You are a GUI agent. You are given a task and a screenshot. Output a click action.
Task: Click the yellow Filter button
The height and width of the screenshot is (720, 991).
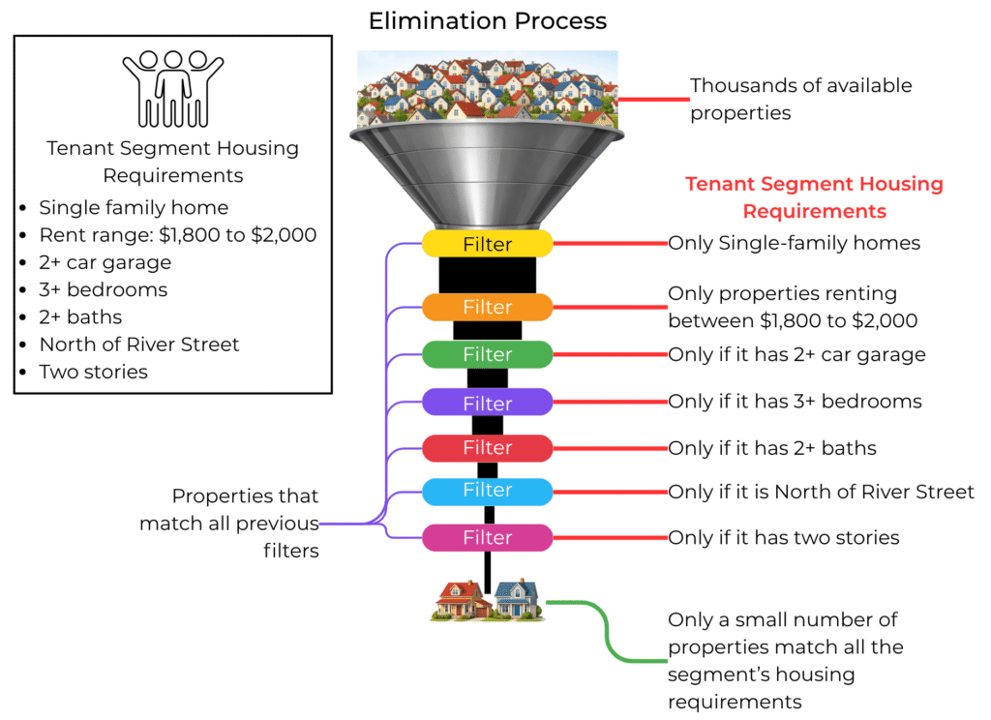[x=487, y=244]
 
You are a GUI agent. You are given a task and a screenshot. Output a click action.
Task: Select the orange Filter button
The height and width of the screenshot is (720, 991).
[x=487, y=307]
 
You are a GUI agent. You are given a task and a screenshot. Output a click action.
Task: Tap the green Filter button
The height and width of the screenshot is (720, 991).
[x=487, y=354]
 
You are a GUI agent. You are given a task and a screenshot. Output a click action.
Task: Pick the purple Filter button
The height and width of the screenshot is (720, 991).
[x=487, y=402]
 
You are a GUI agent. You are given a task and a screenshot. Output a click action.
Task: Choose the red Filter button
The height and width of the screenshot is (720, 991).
[x=487, y=448]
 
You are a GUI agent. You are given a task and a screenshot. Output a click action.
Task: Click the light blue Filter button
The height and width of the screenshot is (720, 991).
[x=487, y=491]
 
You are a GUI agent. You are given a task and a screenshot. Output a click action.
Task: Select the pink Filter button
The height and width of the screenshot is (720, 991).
[x=487, y=537]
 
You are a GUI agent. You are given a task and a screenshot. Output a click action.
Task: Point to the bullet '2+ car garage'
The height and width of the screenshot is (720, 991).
[x=105, y=261]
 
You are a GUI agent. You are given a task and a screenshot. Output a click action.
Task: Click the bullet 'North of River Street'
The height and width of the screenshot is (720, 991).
[x=138, y=344]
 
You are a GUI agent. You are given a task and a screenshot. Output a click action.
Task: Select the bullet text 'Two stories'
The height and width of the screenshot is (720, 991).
[x=93, y=372]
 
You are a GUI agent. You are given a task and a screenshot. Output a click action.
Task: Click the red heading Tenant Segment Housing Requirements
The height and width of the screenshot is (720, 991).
[x=814, y=197]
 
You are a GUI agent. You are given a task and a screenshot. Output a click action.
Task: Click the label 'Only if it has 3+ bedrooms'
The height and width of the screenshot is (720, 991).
[x=795, y=401]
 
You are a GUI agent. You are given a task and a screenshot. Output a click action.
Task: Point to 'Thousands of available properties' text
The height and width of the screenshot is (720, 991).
[x=800, y=99]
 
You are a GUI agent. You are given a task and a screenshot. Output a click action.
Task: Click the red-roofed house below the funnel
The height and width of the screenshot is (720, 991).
[x=461, y=600]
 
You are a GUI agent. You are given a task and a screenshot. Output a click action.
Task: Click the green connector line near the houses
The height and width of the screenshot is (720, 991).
[x=609, y=633]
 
